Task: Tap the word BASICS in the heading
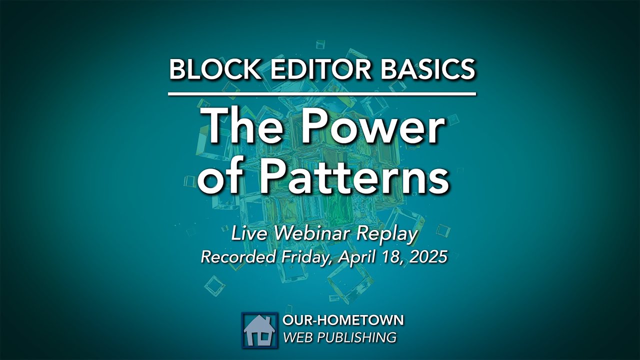(427, 69)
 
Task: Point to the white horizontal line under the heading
(322, 93)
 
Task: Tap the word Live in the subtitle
(246, 234)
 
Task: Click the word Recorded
(238, 257)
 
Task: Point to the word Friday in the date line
(306, 257)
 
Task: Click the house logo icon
(259, 330)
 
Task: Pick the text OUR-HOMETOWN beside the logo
(343, 320)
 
